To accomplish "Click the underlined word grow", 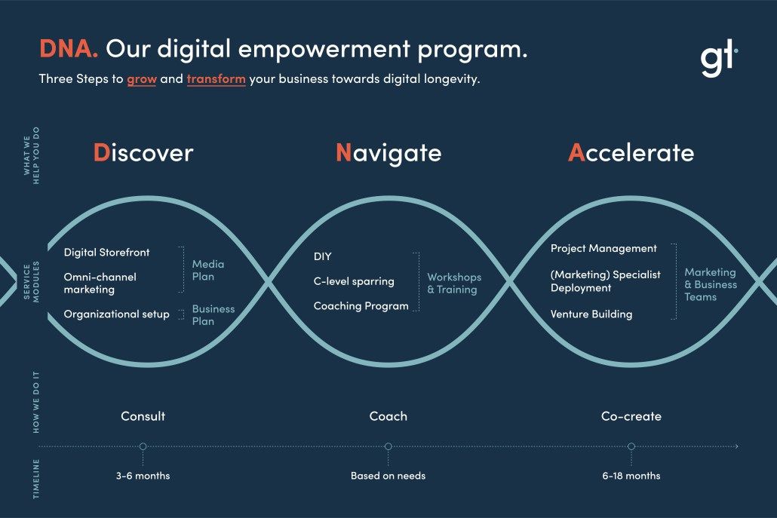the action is pos(142,79).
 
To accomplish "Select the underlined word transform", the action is pos(216,78).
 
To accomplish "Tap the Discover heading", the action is pos(143,152).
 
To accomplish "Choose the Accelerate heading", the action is pos(631,152).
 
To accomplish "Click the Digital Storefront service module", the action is pos(106,252).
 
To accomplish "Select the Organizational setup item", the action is pos(116,314).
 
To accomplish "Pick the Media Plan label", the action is pos(208,271).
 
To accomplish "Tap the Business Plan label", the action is pos(213,315).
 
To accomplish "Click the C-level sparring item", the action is pos(354,281).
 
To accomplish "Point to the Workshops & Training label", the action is pos(454,284).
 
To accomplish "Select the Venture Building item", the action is pos(591,314).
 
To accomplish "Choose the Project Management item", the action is pos(603,249).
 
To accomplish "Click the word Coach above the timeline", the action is pos(388,416).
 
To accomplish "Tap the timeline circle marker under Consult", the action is pos(143,446).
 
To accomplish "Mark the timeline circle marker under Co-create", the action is pos(631,446).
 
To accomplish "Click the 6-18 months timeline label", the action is pos(631,476).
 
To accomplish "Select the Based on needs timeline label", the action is pos(388,476).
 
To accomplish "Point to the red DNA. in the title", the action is pos(69,49).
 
